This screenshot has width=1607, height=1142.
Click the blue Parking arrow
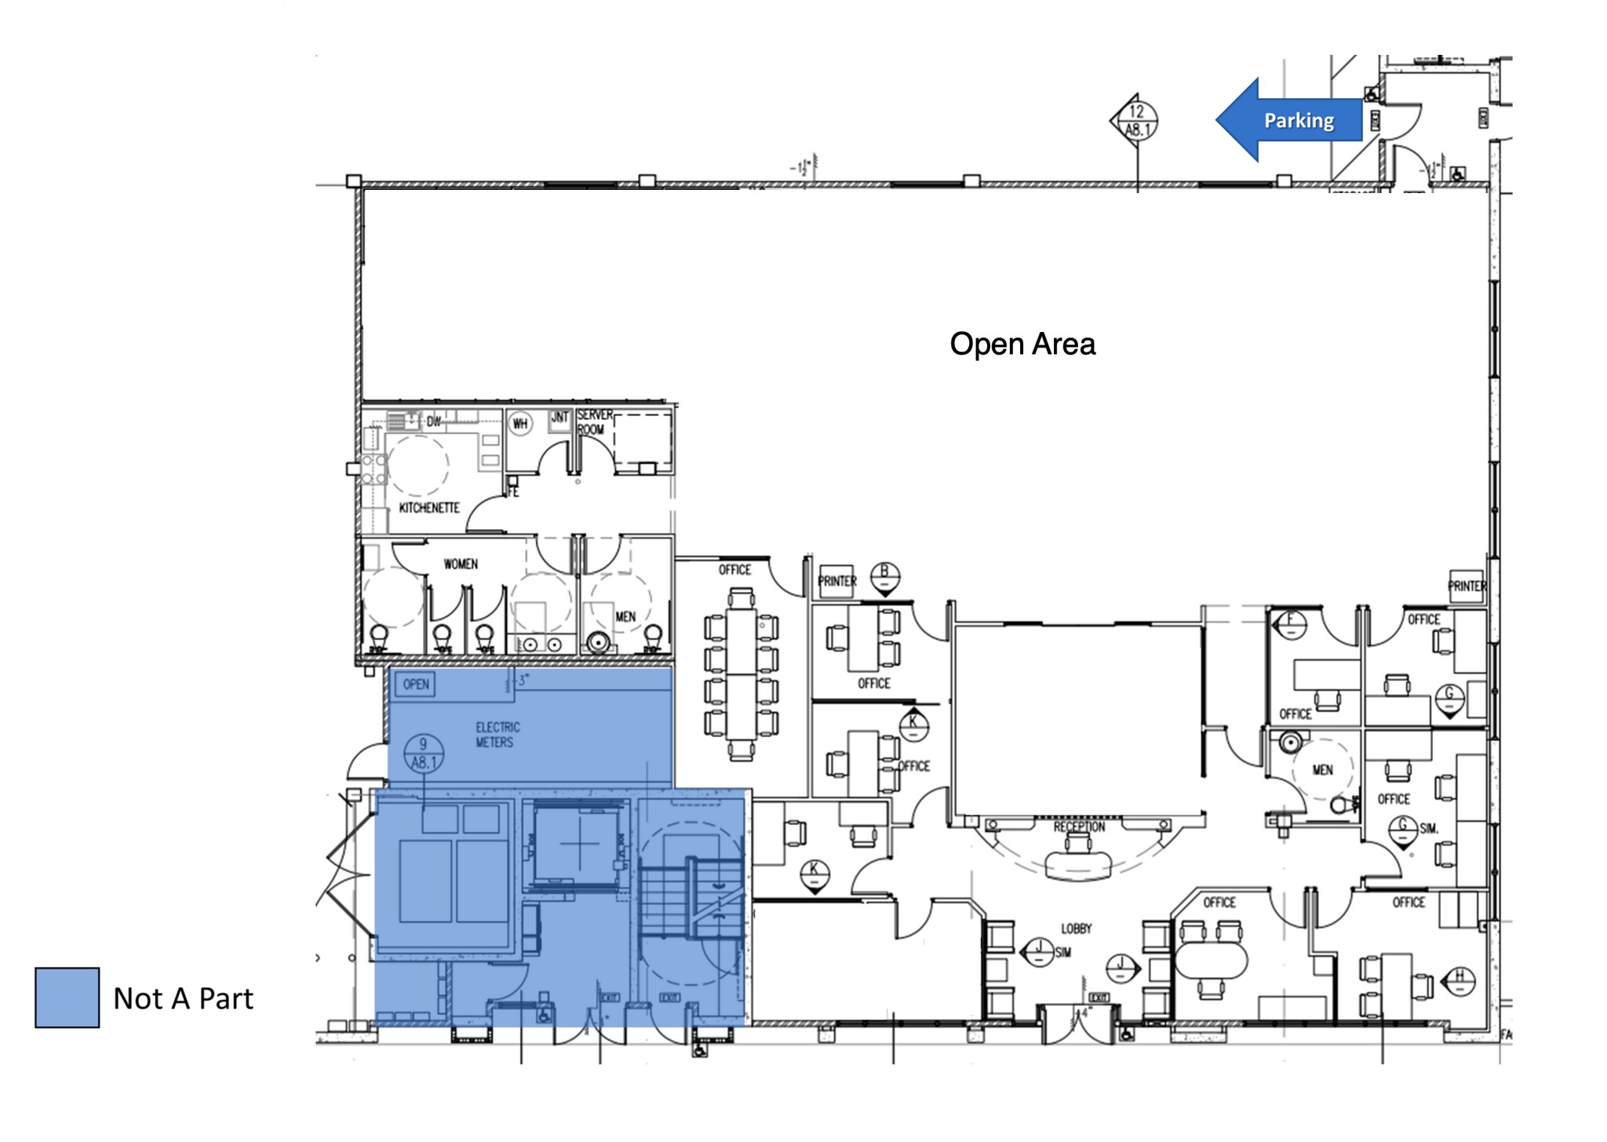tap(1291, 120)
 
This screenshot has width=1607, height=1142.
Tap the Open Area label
tap(1022, 344)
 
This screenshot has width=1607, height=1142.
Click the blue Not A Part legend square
tap(67, 997)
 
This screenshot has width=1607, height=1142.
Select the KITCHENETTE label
tap(428, 508)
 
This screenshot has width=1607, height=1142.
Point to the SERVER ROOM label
tap(594, 421)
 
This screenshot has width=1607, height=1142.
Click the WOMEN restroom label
tap(460, 564)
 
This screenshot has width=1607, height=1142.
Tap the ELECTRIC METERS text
tap(497, 735)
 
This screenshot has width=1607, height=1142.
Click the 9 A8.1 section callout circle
tap(423, 753)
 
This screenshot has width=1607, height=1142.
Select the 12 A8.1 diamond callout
tap(1135, 121)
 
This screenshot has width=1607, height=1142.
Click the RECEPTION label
tap(1079, 826)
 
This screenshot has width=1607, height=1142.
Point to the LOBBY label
tap(1076, 929)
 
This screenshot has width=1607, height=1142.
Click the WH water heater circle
tap(520, 424)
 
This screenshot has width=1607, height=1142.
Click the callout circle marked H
tap(1459, 980)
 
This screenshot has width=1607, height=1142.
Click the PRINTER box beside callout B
tap(836, 581)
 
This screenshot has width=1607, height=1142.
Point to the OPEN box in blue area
tap(415, 684)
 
